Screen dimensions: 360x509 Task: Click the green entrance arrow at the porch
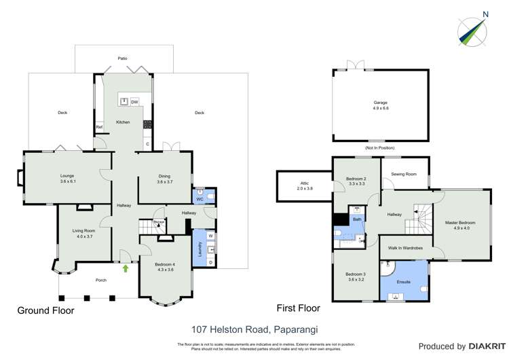click(126, 268)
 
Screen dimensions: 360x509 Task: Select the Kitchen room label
click(123, 122)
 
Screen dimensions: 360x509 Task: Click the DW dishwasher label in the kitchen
click(134, 102)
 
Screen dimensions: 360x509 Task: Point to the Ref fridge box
click(99, 127)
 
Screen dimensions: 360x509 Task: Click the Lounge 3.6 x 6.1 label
click(67, 179)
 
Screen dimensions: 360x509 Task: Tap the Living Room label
click(83, 234)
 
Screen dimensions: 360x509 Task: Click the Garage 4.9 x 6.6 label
click(380, 105)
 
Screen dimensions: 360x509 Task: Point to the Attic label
click(304, 185)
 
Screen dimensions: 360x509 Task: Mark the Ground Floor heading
click(45, 310)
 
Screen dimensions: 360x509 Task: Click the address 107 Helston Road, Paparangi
click(254, 329)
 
